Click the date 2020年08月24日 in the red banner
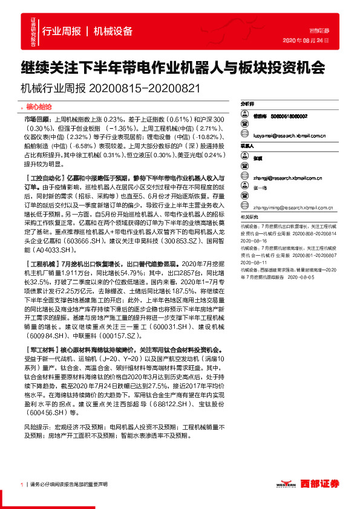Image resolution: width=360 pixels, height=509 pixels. pos(306,41)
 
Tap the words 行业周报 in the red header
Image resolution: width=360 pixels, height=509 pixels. pos(62,31)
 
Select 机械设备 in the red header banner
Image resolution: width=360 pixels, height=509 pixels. pos(113,31)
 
